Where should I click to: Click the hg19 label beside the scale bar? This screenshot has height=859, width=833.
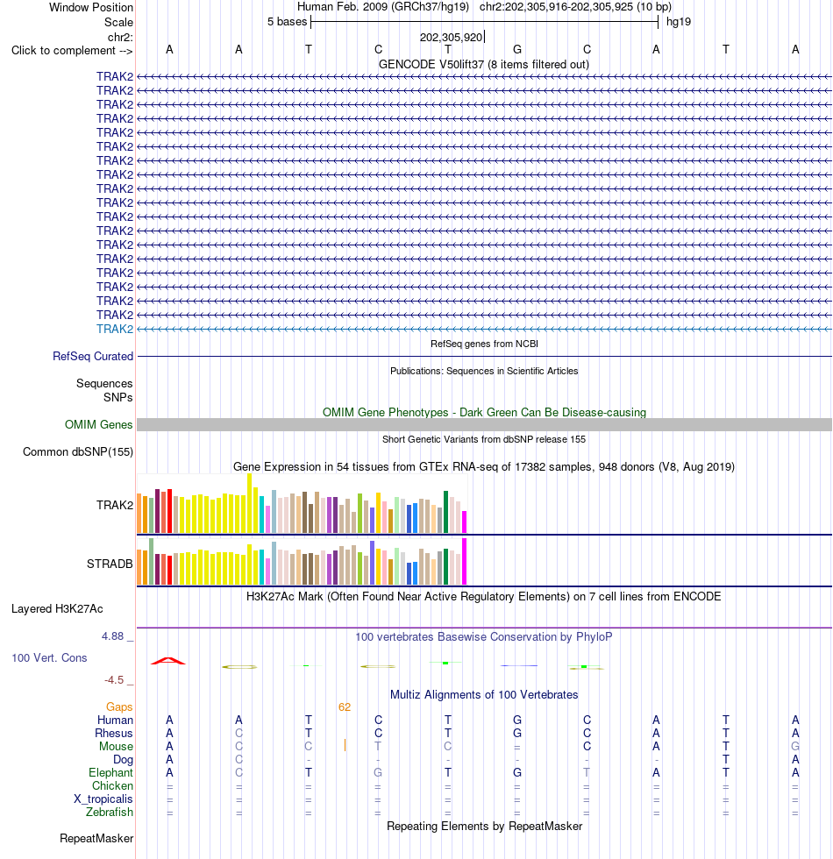click(679, 22)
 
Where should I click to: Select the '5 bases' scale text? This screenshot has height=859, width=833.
click(288, 22)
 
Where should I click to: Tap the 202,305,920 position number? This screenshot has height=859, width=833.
click(451, 37)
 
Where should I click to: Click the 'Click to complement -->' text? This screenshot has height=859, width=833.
click(72, 51)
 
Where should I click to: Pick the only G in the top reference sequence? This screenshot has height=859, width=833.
click(517, 50)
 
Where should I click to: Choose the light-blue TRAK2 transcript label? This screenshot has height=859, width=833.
click(115, 330)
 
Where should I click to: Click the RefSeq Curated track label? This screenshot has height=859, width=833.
click(93, 357)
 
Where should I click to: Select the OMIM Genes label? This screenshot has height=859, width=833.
click(98, 424)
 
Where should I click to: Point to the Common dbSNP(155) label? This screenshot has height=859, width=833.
click(78, 452)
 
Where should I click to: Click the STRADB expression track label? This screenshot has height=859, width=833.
click(110, 564)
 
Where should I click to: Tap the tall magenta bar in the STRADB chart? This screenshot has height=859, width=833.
click(465, 562)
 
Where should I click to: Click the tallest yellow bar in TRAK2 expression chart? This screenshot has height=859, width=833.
click(250, 503)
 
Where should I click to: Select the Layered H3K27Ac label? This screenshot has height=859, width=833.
click(57, 608)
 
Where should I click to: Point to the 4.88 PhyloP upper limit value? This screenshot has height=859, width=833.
click(112, 636)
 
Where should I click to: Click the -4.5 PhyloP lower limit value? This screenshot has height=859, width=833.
click(114, 680)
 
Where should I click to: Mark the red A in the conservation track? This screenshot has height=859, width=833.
click(168, 661)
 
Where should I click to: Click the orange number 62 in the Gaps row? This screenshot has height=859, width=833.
click(344, 707)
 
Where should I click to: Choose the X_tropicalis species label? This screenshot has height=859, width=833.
click(103, 799)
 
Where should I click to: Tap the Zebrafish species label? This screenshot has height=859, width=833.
click(109, 813)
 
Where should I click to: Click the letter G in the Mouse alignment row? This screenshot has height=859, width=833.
click(795, 746)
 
